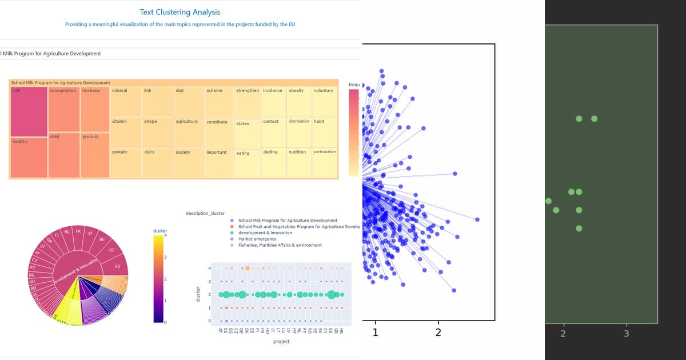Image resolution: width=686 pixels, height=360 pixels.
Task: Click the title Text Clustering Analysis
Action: pyautogui.click(x=180, y=12)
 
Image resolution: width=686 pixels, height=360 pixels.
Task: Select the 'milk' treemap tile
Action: pyautogui.click(x=29, y=111)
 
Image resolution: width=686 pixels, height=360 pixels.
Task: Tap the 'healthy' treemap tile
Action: pyautogui.click(x=29, y=158)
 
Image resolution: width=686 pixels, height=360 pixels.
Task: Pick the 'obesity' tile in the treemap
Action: pyautogui.click(x=299, y=102)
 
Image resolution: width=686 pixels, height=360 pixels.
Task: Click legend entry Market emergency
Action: pyautogui.click(x=257, y=239)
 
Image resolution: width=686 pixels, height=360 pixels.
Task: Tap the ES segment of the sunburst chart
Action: pyautogui.click(x=117, y=267)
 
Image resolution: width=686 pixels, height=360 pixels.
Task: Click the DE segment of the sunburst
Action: pyautogui.click(x=111, y=251)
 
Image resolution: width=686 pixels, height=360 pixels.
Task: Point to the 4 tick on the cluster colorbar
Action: pyautogui.click(x=165, y=235)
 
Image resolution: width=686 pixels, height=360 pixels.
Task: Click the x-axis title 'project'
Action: pyautogui.click(x=281, y=341)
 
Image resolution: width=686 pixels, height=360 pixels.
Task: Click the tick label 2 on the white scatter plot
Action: pyautogui.click(x=438, y=333)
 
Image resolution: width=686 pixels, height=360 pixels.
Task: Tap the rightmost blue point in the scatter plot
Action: pyautogui.click(x=477, y=219)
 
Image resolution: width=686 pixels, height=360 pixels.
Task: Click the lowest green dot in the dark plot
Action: pyautogui.click(x=579, y=229)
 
